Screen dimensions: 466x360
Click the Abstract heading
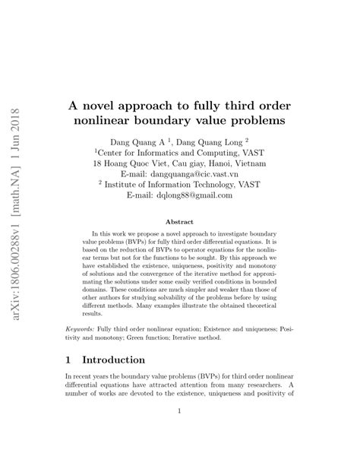pos(181,223)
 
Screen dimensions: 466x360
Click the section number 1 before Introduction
pos(72,360)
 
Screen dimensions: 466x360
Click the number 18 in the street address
pos(98,163)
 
